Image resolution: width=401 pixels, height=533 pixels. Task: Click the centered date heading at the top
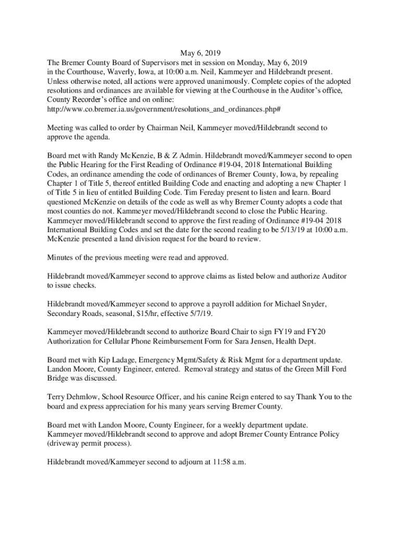[x=200, y=53]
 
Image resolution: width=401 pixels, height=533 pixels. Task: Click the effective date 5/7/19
[x=198, y=314]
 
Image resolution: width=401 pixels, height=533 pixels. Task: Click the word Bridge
[x=59, y=379]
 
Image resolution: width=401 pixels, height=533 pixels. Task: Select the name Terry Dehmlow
[x=71, y=397]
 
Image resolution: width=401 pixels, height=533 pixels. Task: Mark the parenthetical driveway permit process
[x=89, y=444]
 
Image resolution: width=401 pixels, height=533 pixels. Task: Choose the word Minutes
[x=62, y=257]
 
